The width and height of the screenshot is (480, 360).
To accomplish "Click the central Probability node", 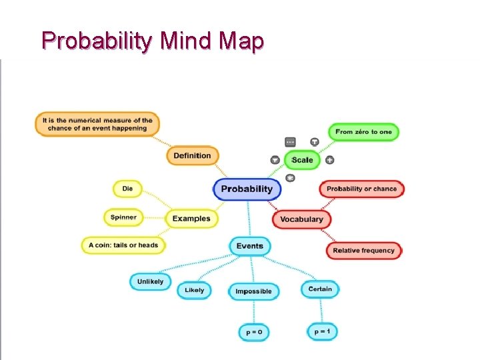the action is pos(247,189).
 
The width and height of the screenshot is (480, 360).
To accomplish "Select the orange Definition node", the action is pos(192,156).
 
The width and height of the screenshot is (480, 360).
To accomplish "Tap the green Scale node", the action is pos(302,160).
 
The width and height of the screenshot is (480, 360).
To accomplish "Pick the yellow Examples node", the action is pos(191,219).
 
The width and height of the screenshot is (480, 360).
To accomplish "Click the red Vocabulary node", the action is pos(301,219).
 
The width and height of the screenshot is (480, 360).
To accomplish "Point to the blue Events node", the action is pos(250,246).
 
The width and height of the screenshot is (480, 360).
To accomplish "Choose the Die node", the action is pos(127,189).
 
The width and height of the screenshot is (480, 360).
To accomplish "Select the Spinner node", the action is pos(123,217).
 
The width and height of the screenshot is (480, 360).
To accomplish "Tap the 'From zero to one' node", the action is pos(363,132).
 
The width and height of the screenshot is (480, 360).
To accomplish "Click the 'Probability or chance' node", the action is pos(361,189).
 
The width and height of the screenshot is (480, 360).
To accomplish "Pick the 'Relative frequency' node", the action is pos(364,251).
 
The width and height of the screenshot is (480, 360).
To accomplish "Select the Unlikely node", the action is pos(150,282).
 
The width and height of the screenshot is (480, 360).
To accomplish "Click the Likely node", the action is pos(194,291).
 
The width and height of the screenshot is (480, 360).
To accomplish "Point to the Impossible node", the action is pos(253,291).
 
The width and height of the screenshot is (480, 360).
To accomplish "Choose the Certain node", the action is pos(320,289).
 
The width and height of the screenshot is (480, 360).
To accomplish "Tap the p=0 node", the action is pos(254,332).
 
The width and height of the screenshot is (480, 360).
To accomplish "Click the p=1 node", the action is pos(322,331).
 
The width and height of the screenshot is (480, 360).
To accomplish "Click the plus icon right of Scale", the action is pos(329,160).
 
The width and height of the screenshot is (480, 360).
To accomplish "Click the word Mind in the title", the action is pos(188,41).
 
